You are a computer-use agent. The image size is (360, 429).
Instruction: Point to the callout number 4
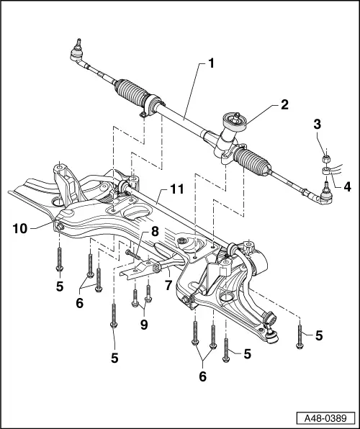click(x=348, y=186)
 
